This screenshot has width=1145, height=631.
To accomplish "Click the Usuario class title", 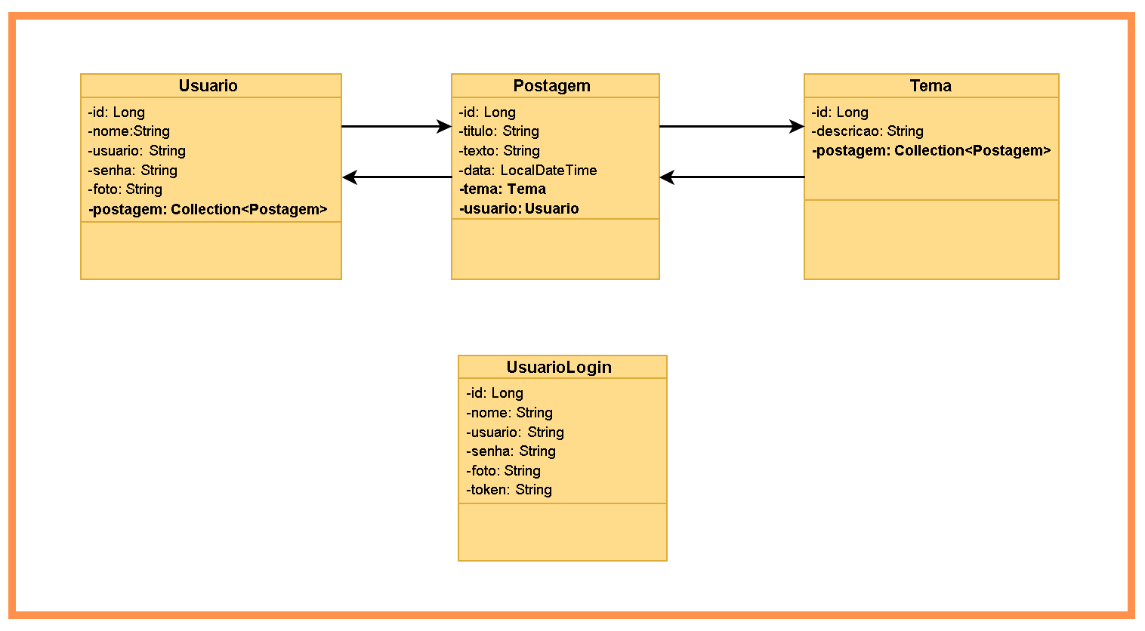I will click(208, 86).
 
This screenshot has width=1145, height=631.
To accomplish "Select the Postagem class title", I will click(551, 86).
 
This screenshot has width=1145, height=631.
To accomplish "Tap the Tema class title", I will click(931, 86).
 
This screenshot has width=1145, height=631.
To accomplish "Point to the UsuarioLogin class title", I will click(559, 368).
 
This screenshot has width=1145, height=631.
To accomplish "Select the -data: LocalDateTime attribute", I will click(528, 171).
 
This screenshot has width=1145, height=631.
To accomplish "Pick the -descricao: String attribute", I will click(868, 131).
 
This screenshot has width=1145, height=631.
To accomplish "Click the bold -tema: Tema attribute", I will click(502, 189).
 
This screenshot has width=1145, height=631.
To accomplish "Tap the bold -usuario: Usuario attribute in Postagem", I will click(519, 209).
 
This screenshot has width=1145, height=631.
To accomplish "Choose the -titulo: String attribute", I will click(499, 131).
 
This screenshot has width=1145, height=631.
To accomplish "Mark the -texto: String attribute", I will click(499, 151).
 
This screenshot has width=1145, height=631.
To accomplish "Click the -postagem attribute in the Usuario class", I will click(208, 210).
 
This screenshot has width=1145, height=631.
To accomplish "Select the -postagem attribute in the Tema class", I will click(931, 151).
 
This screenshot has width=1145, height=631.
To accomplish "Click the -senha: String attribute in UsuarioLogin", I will click(511, 451).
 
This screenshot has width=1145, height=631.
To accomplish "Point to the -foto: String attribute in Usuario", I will click(125, 189).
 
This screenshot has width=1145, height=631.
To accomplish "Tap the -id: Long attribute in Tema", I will click(840, 112).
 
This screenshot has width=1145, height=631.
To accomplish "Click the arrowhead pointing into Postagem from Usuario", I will click(444, 127).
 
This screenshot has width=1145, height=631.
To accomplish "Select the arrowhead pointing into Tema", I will click(797, 127).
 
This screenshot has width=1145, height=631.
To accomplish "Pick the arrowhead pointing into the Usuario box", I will click(350, 177).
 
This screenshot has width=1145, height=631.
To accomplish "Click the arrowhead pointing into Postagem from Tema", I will click(667, 177).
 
